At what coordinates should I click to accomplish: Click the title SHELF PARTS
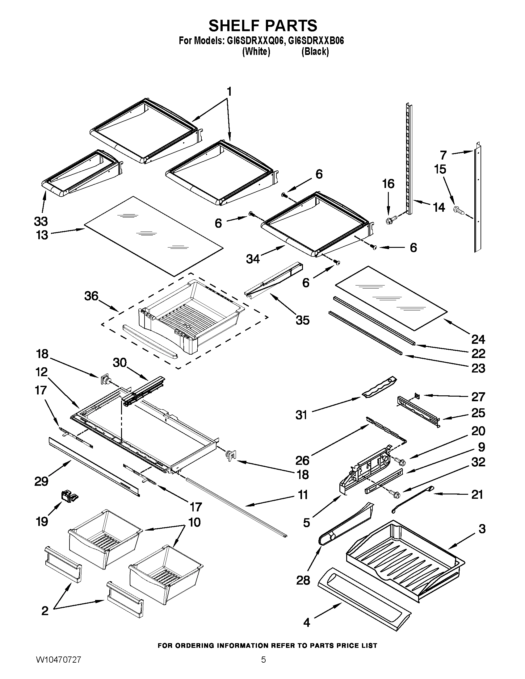click(x=263, y=26)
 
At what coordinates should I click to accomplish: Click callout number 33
click(x=41, y=221)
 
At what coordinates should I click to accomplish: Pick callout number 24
click(x=478, y=339)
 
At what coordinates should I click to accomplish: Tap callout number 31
click(x=301, y=415)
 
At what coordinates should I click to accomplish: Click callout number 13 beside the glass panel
click(x=42, y=235)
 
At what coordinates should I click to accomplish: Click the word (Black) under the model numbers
click(x=315, y=52)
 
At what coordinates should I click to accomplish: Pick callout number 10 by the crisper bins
click(x=194, y=522)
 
